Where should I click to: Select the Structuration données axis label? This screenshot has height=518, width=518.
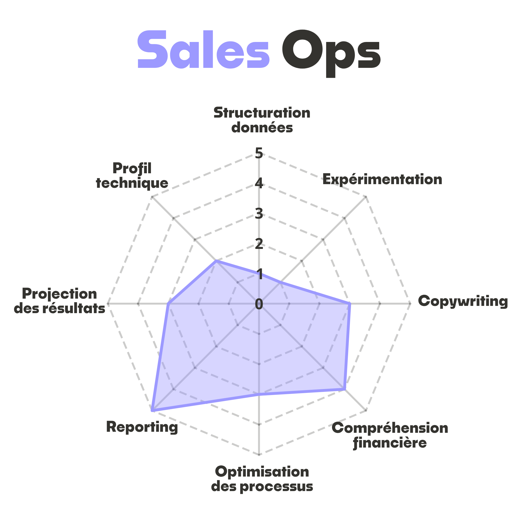262,120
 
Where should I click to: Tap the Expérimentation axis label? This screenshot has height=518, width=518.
382,179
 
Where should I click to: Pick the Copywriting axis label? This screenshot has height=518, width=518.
463,301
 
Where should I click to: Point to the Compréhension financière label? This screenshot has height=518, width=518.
390,435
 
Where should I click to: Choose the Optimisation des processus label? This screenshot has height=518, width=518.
262,479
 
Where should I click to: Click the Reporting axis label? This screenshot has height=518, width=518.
142,427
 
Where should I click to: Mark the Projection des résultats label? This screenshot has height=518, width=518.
60,301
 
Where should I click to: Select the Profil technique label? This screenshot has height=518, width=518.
132,176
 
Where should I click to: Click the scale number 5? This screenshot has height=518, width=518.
259,153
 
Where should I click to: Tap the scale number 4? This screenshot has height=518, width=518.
259,184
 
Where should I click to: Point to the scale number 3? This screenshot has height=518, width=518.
259,214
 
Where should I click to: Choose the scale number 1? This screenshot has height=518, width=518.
260,275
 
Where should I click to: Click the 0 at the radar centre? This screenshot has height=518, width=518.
259,304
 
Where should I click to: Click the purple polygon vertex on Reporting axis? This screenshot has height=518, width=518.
152,411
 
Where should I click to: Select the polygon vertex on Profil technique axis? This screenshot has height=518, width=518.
216,260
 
